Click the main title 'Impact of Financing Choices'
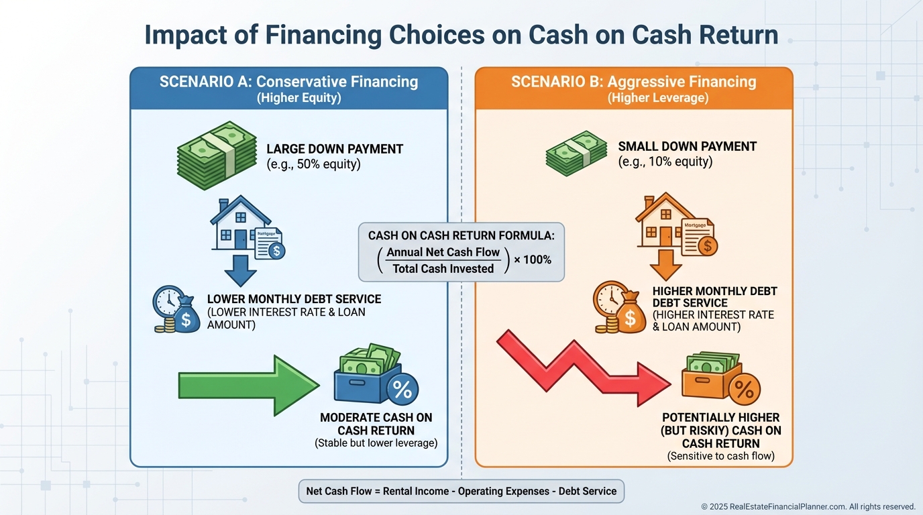coord(461,35)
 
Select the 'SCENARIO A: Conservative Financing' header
coord(288,82)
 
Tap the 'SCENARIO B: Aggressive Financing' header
coord(633,82)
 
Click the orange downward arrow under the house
coord(665,264)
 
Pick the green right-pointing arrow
coord(248,386)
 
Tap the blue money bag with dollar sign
coord(185,318)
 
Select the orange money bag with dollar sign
coord(629,317)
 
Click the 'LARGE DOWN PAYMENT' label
coord(335,149)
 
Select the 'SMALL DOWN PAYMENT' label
coord(687,146)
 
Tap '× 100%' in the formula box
coord(533,260)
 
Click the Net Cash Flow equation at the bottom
coord(461,491)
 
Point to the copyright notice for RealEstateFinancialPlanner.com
coord(808,507)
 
